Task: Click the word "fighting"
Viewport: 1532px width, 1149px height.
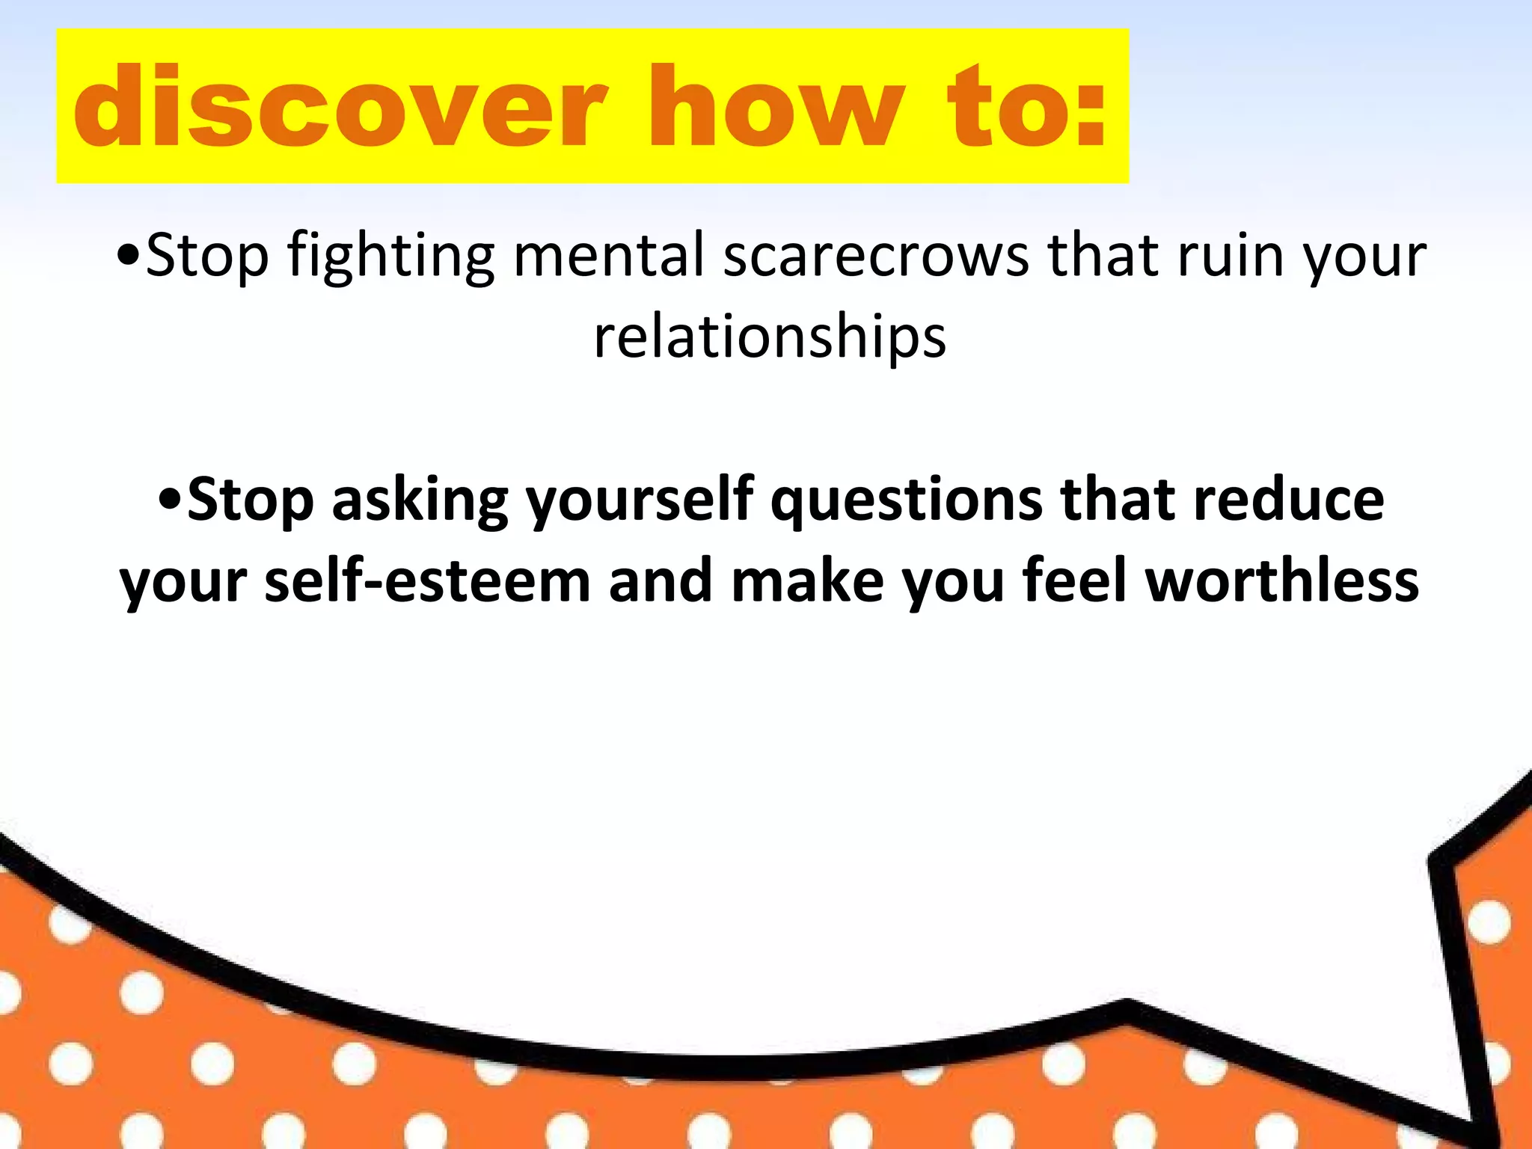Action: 390,257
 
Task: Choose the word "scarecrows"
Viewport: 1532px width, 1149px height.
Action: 876,255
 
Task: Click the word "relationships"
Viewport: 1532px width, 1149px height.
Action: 770,337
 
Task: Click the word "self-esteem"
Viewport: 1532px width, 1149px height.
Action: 427,581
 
